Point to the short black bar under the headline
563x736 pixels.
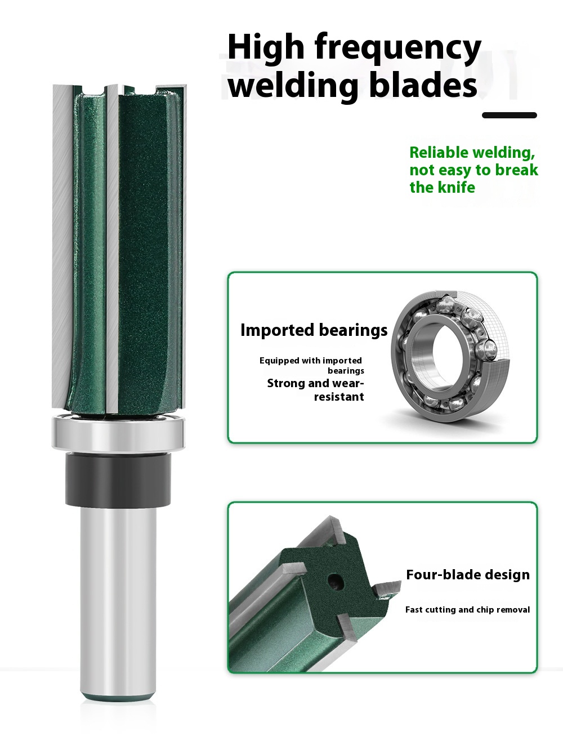pyautogui.click(x=510, y=115)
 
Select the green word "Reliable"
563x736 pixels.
pyautogui.click(x=439, y=153)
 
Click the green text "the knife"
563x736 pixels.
pyautogui.click(x=442, y=187)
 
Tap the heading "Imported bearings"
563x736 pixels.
pyautogui.click(x=314, y=330)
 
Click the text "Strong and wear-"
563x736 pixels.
pyautogui.click(x=315, y=383)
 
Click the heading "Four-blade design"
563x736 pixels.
pyautogui.click(x=468, y=575)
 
